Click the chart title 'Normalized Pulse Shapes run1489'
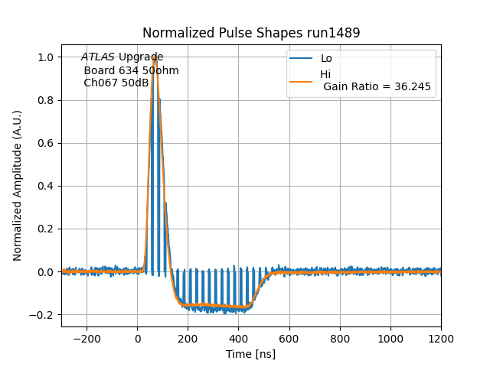pyautogui.click(x=251, y=33)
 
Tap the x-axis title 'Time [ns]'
pyautogui.click(x=250, y=354)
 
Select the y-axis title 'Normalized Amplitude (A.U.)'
pyautogui.click(x=18, y=186)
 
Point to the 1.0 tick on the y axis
pyautogui.click(x=47, y=57)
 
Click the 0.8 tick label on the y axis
pyautogui.click(x=47, y=100)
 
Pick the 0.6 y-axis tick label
pyautogui.click(x=47, y=143)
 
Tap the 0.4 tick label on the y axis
pyautogui.click(x=47, y=186)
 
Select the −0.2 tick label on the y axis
pyautogui.click(x=44, y=314)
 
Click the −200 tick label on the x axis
pyautogui.click(x=87, y=337)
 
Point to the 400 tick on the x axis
pyautogui.click(x=340, y=337)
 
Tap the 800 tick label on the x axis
pyautogui.click(x=340, y=337)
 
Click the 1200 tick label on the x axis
pyautogui.click(x=441, y=337)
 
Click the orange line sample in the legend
pyautogui.click(x=301, y=80)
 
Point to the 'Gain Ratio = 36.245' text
pyautogui.click(x=377, y=87)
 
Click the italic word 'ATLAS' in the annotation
pyautogui.click(x=98, y=57)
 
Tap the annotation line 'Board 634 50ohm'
pyautogui.click(x=131, y=70)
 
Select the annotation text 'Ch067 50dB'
pyautogui.click(x=116, y=83)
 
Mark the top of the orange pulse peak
pyautogui.click(x=155, y=57)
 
